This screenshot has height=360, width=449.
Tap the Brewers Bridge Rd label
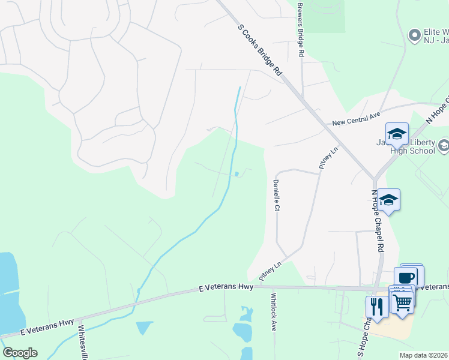coord(301,29)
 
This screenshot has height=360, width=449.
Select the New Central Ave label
coord(357,122)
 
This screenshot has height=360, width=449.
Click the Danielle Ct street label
coord(277,196)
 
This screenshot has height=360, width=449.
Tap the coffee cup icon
coord(406,277)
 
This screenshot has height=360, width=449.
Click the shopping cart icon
coord(403,301)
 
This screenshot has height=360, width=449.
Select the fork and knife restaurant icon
coord(377,306)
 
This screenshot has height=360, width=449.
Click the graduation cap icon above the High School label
coord(396,133)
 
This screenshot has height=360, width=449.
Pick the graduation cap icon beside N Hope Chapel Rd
coord(388,200)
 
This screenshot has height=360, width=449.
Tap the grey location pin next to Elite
coord(414,36)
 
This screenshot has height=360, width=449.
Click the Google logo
coord(20,353)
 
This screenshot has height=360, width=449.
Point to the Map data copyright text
coord(424,355)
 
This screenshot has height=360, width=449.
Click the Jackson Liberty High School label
coord(414,148)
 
